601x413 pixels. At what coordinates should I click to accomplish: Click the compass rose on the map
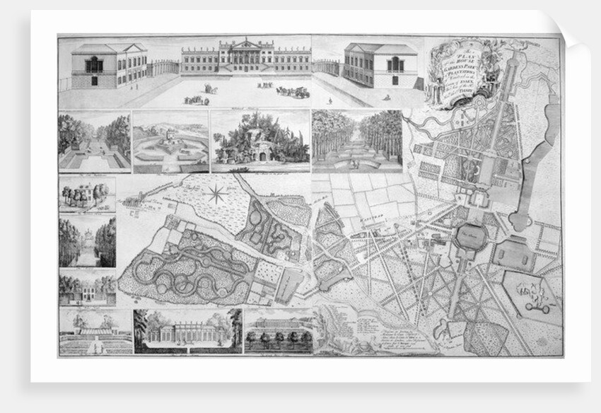[x=216, y=192]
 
